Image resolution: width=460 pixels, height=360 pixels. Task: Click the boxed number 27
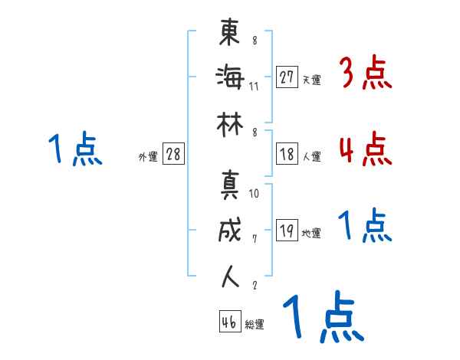pos(287,77)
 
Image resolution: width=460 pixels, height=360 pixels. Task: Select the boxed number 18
pos(287,153)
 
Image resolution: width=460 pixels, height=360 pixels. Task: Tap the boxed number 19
pos(287,231)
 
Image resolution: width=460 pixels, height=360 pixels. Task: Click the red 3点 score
pos(366,75)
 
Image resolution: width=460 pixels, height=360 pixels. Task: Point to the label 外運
pos(147,156)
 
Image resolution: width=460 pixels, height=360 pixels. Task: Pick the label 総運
pos(255,325)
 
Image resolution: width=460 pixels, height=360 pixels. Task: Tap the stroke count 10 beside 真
pos(254,193)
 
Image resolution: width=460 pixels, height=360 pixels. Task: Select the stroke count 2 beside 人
pos(254,284)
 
